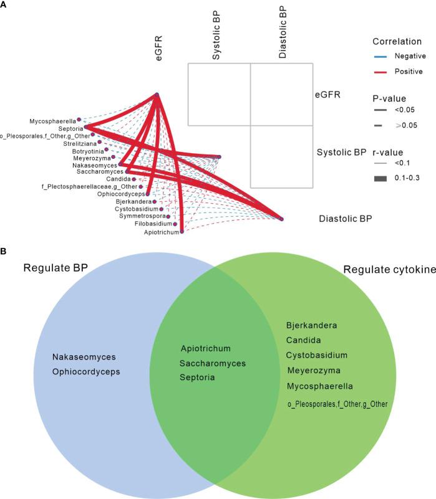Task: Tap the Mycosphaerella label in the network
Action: (x=52, y=120)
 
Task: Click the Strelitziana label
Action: (x=79, y=143)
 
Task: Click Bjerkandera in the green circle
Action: (x=311, y=325)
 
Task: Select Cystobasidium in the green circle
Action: (x=317, y=355)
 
